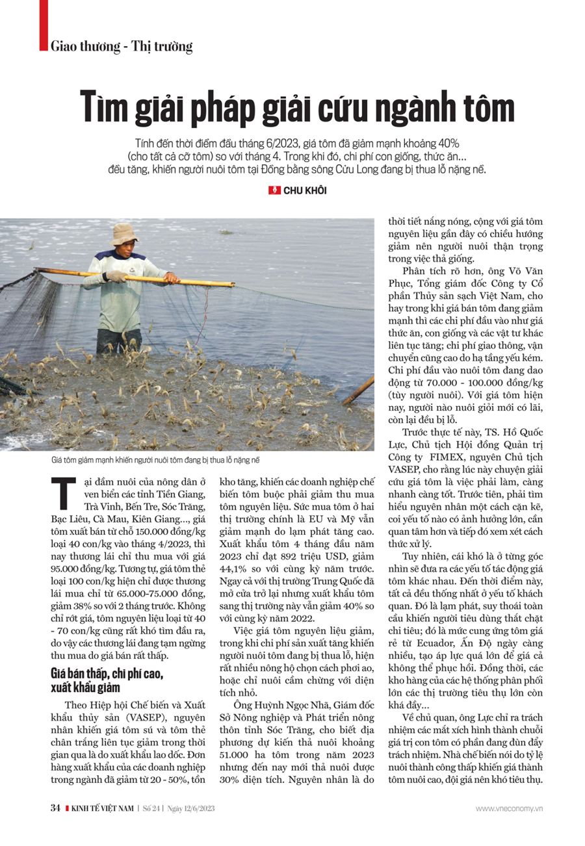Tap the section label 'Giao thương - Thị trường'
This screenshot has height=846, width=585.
click(x=121, y=47)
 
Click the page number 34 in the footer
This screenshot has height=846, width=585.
click(x=55, y=808)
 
